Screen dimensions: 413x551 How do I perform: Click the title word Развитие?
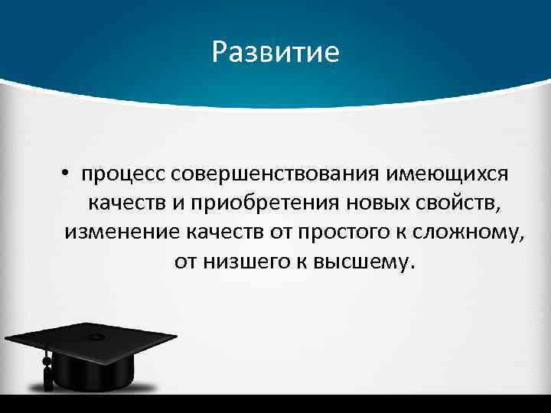click(275, 52)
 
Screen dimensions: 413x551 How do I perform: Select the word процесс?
click(124, 175)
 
